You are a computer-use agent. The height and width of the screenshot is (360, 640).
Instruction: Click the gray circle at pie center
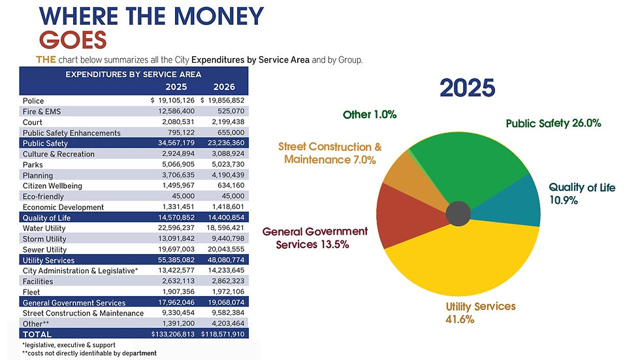[458, 212]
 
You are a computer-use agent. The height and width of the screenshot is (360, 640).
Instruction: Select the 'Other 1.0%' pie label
[370, 115]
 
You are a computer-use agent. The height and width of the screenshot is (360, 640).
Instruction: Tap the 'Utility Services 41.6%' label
[480, 313]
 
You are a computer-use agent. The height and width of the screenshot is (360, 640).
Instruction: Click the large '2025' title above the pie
[467, 88]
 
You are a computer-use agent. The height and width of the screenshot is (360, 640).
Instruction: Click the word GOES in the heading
[73, 40]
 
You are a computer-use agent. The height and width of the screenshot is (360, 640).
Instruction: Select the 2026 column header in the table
[224, 87]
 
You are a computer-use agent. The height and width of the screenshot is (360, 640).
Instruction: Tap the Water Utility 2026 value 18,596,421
[225, 228]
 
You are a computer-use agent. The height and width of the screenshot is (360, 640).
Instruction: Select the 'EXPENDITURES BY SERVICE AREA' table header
[133, 74]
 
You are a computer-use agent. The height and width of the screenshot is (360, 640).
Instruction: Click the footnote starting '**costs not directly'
[89, 353]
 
